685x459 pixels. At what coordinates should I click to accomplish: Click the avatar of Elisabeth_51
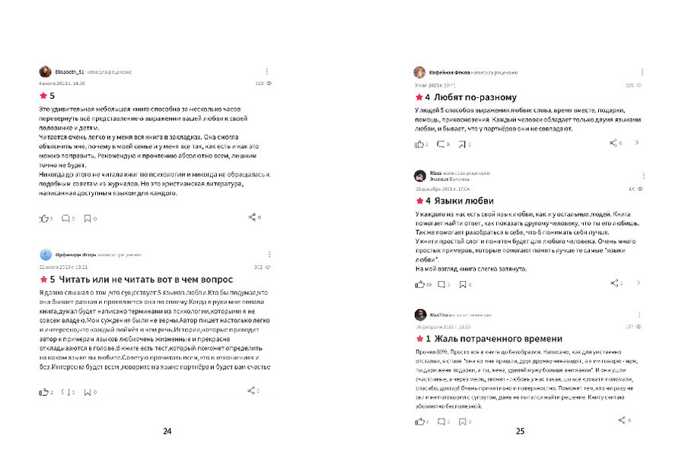click(46, 71)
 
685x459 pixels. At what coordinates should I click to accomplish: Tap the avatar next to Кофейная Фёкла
click(419, 72)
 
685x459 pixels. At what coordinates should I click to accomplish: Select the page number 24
click(167, 432)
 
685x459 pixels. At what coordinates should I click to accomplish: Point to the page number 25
click(520, 432)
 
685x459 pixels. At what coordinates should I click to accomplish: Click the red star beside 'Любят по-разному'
click(419, 98)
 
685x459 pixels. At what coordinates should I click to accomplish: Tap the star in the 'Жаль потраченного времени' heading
click(419, 338)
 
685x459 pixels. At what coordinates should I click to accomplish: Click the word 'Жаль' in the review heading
click(449, 338)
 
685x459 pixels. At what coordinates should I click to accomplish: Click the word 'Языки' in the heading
click(450, 201)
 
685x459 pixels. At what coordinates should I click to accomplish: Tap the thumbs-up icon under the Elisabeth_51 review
click(43, 218)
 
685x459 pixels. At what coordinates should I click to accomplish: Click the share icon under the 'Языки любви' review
click(615, 283)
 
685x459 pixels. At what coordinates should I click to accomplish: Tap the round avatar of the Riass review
click(419, 176)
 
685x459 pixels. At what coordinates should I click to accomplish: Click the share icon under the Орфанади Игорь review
click(251, 391)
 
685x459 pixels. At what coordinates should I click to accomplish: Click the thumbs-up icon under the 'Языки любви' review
click(419, 284)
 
